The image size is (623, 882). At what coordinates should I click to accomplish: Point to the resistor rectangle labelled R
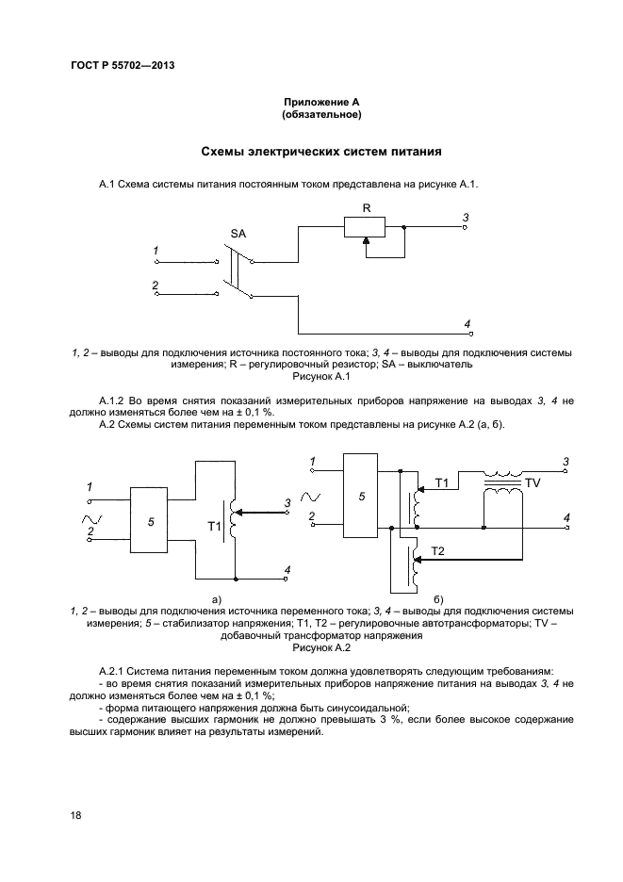click(x=365, y=226)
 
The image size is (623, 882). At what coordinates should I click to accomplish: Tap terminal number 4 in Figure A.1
click(x=467, y=324)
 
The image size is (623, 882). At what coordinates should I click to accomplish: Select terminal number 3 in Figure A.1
click(x=465, y=218)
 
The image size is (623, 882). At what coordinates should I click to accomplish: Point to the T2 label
click(x=437, y=549)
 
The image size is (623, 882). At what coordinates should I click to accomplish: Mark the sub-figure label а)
click(x=216, y=598)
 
